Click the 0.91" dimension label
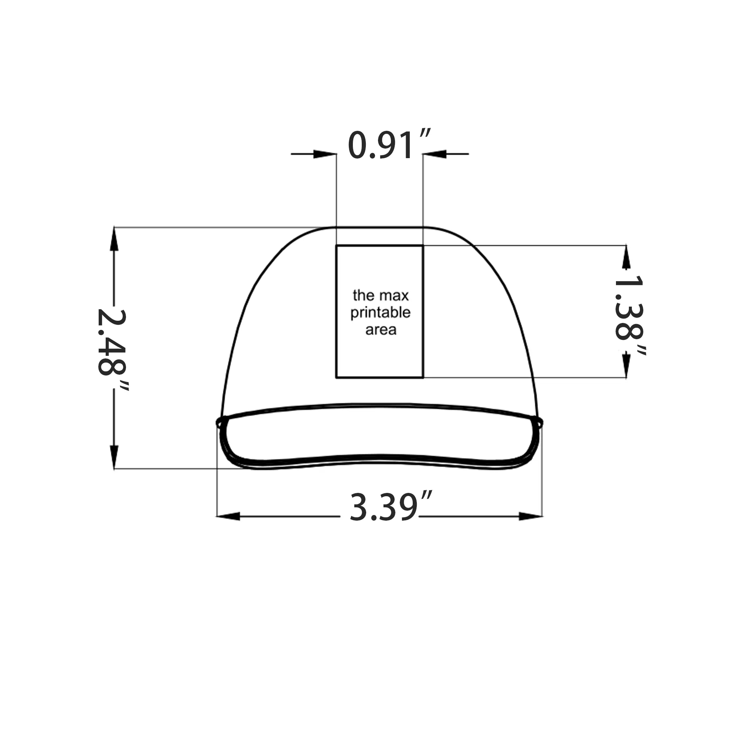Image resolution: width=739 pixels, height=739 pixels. pyautogui.click(x=388, y=145)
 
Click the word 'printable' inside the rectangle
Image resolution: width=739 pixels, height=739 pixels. pyautogui.click(x=380, y=313)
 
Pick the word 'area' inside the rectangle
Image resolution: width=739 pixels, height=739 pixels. pyautogui.click(x=381, y=330)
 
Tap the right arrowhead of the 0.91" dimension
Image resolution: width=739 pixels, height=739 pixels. pyautogui.click(x=434, y=154)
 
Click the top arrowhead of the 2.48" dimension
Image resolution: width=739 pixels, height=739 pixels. pyautogui.click(x=114, y=239)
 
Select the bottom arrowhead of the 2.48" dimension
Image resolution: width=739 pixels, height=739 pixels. pyautogui.click(x=114, y=457)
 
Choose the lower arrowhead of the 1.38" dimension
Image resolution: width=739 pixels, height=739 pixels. pyautogui.click(x=626, y=365)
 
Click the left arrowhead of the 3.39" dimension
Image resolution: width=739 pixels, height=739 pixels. pyautogui.click(x=229, y=517)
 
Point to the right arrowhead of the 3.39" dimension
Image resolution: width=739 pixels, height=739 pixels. pyautogui.click(x=531, y=517)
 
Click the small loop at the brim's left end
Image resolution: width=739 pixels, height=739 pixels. pyautogui.click(x=219, y=423)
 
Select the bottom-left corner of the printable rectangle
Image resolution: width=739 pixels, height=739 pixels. pyautogui.click(x=337, y=378)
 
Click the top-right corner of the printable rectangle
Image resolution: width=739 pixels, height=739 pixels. pyautogui.click(x=423, y=246)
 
